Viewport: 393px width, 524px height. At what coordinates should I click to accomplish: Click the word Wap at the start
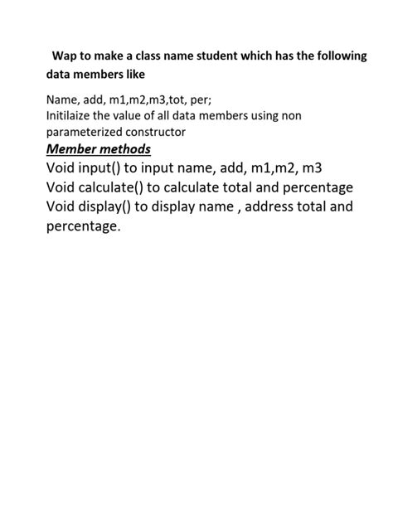pyautogui.click(x=64, y=56)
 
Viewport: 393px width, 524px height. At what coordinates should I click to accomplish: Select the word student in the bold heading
pyautogui.click(x=217, y=56)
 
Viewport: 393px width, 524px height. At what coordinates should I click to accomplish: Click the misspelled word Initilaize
pyautogui.click(x=72, y=116)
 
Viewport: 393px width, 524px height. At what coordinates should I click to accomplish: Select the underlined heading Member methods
pyautogui.click(x=99, y=149)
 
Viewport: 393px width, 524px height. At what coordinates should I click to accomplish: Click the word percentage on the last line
pyautogui.click(x=83, y=225)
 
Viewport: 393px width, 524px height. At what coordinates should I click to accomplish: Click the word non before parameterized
pyautogui.click(x=291, y=116)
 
